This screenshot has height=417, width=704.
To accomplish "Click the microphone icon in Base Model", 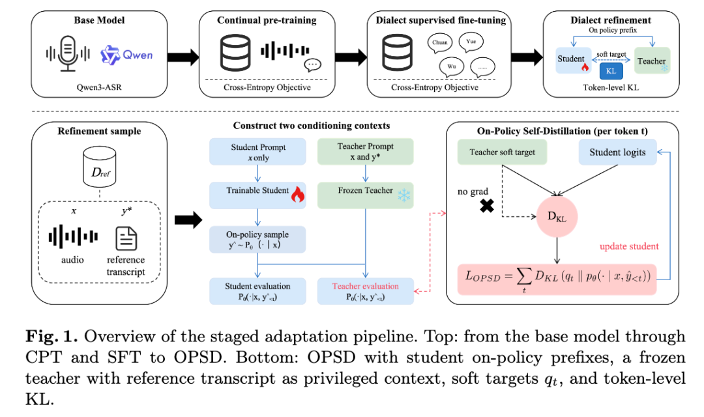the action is tap(68, 53).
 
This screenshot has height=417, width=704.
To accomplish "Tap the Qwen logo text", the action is tap(138, 55).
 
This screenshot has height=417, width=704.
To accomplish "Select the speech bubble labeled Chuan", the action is tap(439, 43).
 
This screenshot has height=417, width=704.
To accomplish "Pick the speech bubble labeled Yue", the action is tap(471, 42).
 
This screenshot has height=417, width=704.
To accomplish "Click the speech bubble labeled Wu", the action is tap(451, 67).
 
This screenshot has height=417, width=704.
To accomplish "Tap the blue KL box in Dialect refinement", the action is tap(611, 71).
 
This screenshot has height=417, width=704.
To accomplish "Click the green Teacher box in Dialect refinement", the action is tap(652, 61).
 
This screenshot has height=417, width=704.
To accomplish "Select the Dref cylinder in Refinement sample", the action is tap(100, 167).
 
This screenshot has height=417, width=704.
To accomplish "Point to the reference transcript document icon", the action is tap(126, 238).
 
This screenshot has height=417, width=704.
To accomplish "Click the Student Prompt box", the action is tap(257, 152).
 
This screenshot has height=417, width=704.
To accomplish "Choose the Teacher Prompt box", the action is tap(366, 151).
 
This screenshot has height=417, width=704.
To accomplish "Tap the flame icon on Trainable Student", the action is tap(297, 194).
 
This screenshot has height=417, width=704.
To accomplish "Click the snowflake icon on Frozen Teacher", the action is tap(404, 195).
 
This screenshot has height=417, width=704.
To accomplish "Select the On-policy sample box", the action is tap(257, 240).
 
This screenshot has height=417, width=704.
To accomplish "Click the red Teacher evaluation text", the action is tap(366, 286).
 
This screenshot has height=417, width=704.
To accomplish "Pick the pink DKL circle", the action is tap(557, 216).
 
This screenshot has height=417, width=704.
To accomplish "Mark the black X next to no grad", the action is tap(487, 206).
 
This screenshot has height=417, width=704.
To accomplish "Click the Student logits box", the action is tap(617, 152).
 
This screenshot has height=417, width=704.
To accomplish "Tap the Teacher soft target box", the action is tap(503, 152).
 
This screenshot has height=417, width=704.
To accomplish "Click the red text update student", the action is tap(629, 246).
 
